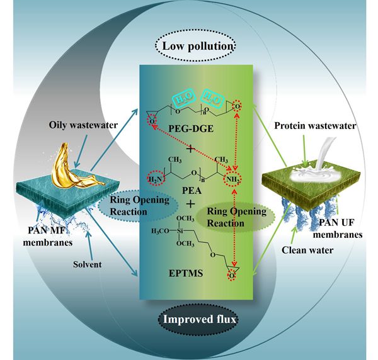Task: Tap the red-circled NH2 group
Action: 235,181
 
